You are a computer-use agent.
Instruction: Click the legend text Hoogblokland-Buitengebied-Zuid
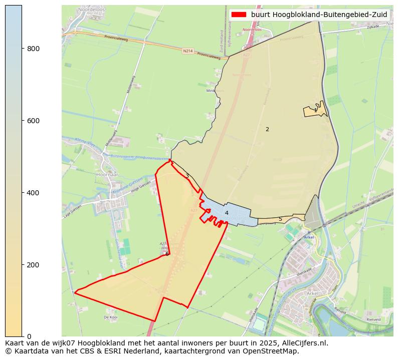coord(319,15)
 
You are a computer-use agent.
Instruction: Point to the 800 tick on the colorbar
coord(23,49)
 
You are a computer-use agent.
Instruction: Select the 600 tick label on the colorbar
coord(34,121)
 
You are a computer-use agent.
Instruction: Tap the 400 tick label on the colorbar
coord(34,193)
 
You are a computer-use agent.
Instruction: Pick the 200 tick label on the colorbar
coord(34,264)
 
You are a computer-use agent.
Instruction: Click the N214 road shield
coord(187,51)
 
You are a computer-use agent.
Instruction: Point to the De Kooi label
coord(110,317)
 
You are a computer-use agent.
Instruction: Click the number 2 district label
coord(267,130)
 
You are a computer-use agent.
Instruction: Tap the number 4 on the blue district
coord(227,213)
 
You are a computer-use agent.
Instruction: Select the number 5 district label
coord(280,219)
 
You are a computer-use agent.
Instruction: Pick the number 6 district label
coord(167,254)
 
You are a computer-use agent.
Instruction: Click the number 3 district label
coord(187,176)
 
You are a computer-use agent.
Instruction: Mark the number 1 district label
coord(315,110)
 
